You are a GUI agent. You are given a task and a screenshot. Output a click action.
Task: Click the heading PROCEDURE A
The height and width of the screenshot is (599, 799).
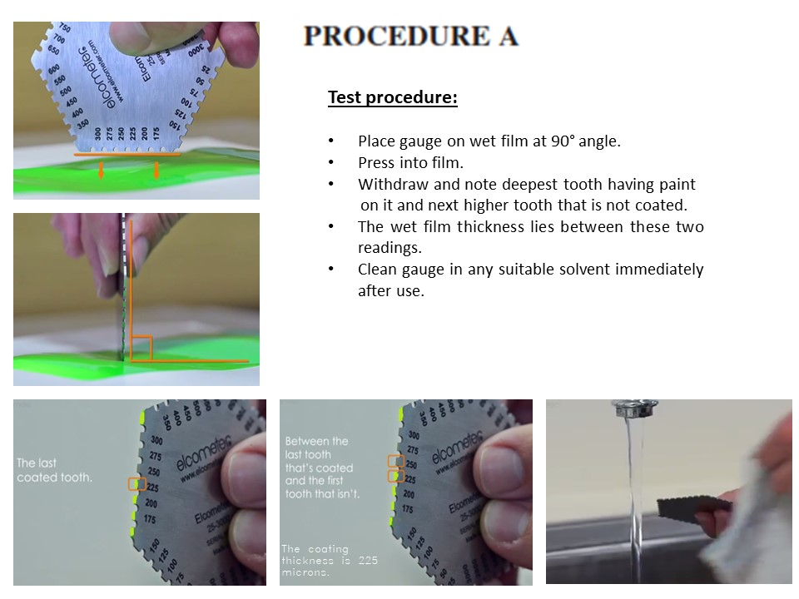411,36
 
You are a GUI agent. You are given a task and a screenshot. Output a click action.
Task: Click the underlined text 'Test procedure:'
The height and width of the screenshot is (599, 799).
393,97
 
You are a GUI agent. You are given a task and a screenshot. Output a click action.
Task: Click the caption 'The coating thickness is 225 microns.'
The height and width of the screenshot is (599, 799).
330,561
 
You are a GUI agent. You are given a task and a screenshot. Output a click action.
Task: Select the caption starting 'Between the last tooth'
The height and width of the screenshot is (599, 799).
323,468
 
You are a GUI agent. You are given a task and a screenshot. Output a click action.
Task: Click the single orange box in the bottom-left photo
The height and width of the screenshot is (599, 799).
136,483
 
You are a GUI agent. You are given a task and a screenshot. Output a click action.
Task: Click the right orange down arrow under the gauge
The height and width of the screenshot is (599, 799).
156,169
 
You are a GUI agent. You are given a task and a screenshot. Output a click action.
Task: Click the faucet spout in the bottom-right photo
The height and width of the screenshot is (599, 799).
637,408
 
